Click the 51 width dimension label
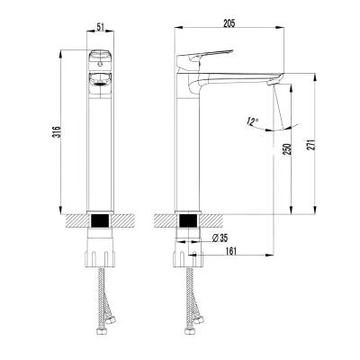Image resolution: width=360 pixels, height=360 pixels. [100, 27]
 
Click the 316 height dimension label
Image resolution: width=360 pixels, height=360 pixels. [57, 131]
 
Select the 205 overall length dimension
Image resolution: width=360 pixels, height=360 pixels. [229, 23]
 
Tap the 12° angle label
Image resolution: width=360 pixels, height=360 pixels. [252, 121]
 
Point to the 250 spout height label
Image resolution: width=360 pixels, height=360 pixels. [287, 149]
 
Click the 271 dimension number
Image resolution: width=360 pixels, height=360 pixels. [311, 145]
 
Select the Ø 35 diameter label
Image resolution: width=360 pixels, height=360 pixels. [220, 238]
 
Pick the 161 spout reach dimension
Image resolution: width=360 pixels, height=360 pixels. [230, 251]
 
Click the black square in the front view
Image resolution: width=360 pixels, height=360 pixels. [101, 220]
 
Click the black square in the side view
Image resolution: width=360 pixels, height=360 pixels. [188, 220]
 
